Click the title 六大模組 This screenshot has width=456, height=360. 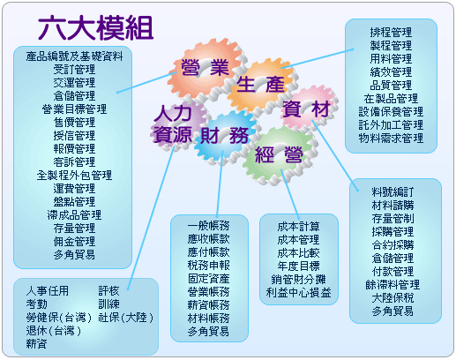tap(96, 27)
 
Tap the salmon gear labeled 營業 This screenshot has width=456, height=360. tap(206, 68)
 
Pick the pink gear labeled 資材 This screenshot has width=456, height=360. tap(309, 109)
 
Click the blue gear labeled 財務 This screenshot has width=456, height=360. tap(225, 136)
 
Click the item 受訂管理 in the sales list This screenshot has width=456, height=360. tap(74, 70)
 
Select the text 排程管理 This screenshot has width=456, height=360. tap(391, 32)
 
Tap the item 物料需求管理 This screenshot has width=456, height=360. tap(391, 138)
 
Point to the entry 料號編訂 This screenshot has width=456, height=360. tap(392, 192)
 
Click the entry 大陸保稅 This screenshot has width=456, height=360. tap(392, 298)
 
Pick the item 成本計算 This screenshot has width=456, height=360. tap(298, 227)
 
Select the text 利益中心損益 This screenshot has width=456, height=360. tap(298, 293)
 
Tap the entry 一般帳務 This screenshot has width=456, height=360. tap(208, 226)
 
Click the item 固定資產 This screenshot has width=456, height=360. tap(208, 279)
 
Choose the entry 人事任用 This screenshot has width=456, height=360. tap(47, 291)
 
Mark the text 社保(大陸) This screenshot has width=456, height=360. tap(126, 318)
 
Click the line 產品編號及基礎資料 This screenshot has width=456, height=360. tap(74, 56)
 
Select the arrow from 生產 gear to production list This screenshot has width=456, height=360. tap(318, 58)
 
